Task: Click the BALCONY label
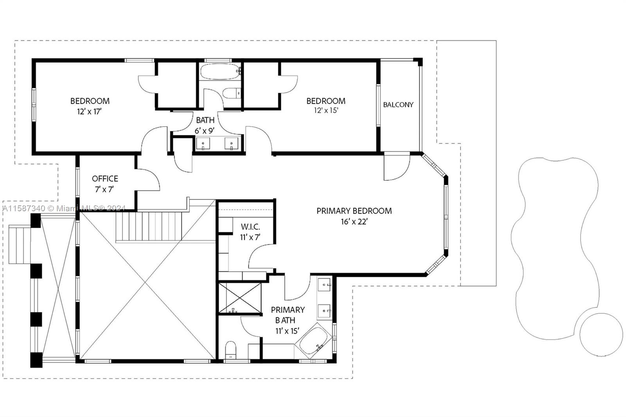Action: click(398, 105)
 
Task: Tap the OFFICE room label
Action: click(105, 179)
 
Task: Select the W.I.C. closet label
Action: click(250, 227)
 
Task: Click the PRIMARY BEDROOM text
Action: click(354, 211)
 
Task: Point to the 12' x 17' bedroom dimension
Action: click(90, 111)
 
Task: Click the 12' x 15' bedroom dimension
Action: click(326, 111)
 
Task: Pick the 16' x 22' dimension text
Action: click(354, 222)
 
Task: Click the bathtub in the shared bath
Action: click(219, 72)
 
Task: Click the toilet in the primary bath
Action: click(231, 349)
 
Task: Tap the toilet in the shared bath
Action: click(231, 93)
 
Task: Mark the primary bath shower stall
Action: click(239, 298)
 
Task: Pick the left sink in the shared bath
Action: click(203, 144)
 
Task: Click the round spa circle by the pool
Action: click(601, 335)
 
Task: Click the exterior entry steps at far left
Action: click(20, 244)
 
